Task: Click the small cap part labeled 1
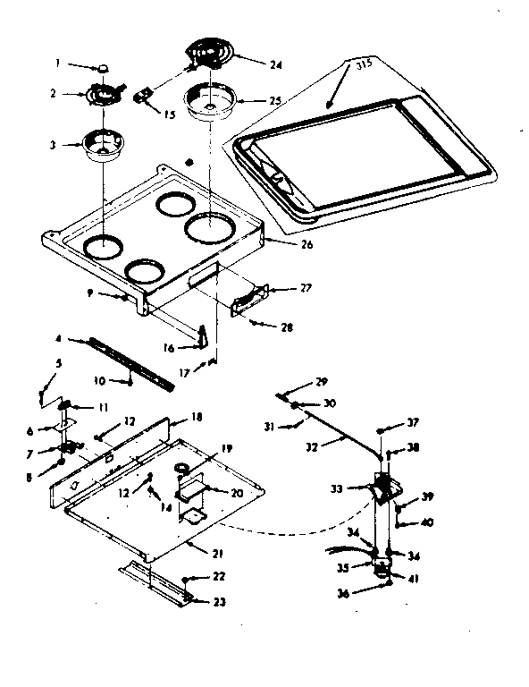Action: click(106, 66)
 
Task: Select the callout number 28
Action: click(286, 328)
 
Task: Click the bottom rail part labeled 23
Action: click(156, 582)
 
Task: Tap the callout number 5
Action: click(59, 364)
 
